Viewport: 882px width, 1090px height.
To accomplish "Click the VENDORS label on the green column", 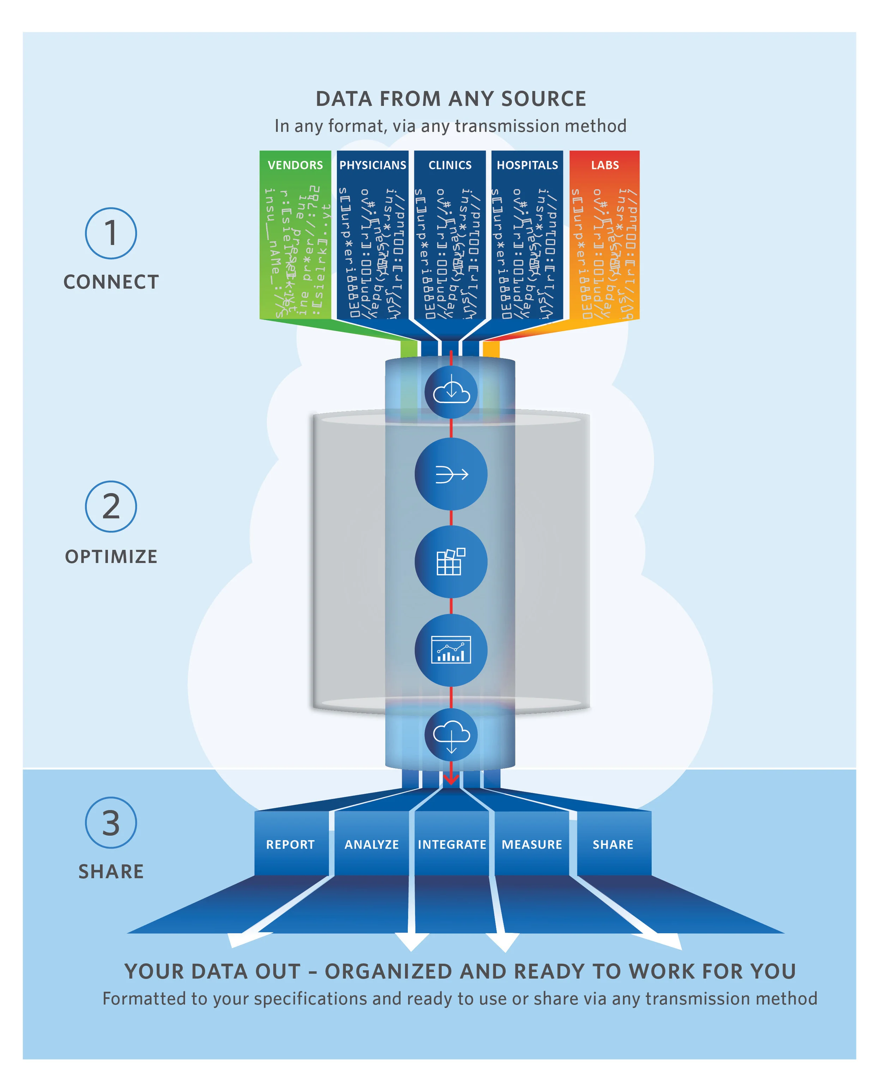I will pyautogui.click(x=295, y=165).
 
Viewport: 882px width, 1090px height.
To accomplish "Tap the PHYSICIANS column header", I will pyautogui.click(x=373, y=165).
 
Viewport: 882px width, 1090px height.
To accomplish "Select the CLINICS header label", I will pyautogui.click(x=449, y=165).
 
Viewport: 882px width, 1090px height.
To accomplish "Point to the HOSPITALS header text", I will pyautogui.click(x=527, y=165).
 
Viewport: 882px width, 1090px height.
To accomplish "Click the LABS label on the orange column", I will pyautogui.click(x=605, y=165).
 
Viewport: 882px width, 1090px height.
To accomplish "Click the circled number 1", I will pyautogui.click(x=111, y=233).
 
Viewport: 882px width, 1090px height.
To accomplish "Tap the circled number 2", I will pyautogui.click(x=111, y=507).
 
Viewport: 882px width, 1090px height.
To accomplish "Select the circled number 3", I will pyautogui.click(x=111, y=822).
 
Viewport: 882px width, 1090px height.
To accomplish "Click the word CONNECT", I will pyautogui.click(x=111, y=282).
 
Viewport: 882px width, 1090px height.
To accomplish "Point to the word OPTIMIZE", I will pyautogui.click(x=111, y=556).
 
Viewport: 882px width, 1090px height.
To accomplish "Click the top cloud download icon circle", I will pyautogui.click(x=451, y=392).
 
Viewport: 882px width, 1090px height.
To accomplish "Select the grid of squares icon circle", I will pyautogui.click(x=451, y=562).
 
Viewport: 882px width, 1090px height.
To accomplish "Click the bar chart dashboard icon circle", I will pyautogui.click(x=451, y=650).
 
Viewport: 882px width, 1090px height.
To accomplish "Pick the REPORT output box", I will pyautogui.click(x=291, y=844).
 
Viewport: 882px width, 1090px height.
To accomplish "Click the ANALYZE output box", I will pyautogui.click(x=371, y=844).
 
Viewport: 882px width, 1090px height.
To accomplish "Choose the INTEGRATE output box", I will pyautogui.click(x=452, y=844).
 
